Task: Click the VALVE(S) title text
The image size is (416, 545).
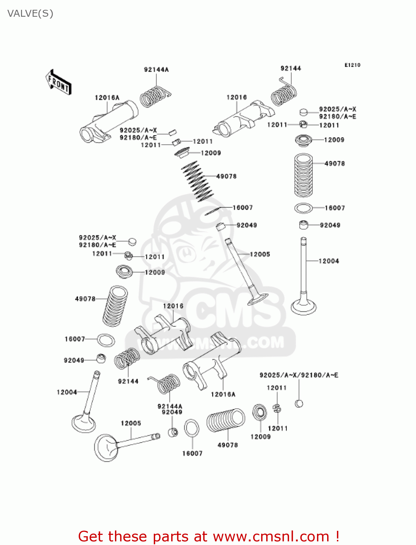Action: pos(30,13)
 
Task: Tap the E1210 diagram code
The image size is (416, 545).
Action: pos(352,65)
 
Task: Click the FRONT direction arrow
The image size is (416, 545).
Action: pos(58,82)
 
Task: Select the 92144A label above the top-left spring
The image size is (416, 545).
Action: pos(156,69)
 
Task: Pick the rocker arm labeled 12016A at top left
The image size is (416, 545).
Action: pos(109,122)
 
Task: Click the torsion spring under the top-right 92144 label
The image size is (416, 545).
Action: pos(284,93)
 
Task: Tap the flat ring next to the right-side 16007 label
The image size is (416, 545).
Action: pos(303,208)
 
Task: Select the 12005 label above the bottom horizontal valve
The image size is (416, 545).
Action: pos(131,423)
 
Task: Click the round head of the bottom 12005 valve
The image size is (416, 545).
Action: pos(106,448)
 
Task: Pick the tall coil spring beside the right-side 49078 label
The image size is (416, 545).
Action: pos(303,175)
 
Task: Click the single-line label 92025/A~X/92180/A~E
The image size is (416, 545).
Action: pos(299,375)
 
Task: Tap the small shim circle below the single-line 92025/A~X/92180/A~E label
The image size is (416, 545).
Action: pos(299,403)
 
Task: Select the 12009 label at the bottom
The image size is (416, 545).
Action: pos(260,437)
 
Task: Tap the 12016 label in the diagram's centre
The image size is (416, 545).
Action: pos(173,306)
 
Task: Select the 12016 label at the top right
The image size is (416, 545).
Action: pos(236,97)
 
